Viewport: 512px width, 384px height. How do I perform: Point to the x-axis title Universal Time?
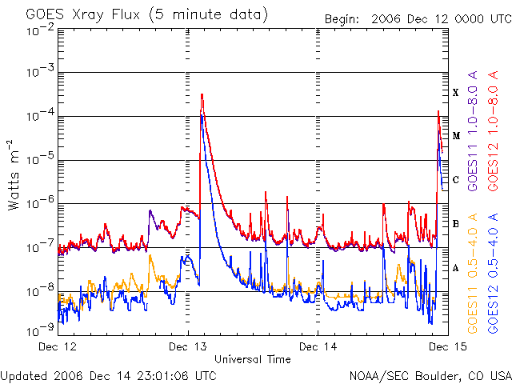click(x=252, y=359)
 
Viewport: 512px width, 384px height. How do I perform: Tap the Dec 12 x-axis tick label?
click(x=58, y=347)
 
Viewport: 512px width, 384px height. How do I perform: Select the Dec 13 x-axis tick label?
click(x=187, y=347)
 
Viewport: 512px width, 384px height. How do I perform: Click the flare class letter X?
click(x=456, y=93)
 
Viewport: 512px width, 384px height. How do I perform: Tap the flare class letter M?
click(x=456, y=136)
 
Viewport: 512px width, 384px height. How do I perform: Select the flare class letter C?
click(x=456, y=180)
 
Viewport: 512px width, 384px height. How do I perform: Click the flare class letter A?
click(x=456, y=268)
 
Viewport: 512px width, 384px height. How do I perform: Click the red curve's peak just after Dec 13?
click(x=202, y=94)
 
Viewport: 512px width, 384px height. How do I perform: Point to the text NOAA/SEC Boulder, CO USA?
click(x=430, y=375)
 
